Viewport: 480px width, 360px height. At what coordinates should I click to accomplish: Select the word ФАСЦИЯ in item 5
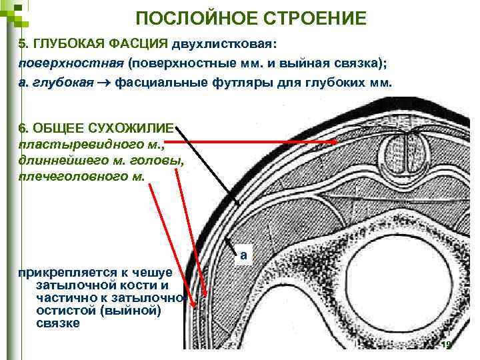137,44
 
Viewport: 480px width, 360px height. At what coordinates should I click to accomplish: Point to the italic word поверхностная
71,63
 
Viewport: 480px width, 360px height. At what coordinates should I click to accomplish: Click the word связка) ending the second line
363,63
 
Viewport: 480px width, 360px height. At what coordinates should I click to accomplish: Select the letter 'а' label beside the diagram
244,255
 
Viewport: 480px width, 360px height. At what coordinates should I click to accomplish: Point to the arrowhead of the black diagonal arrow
238,205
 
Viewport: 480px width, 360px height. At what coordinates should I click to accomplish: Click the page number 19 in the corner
447,345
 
